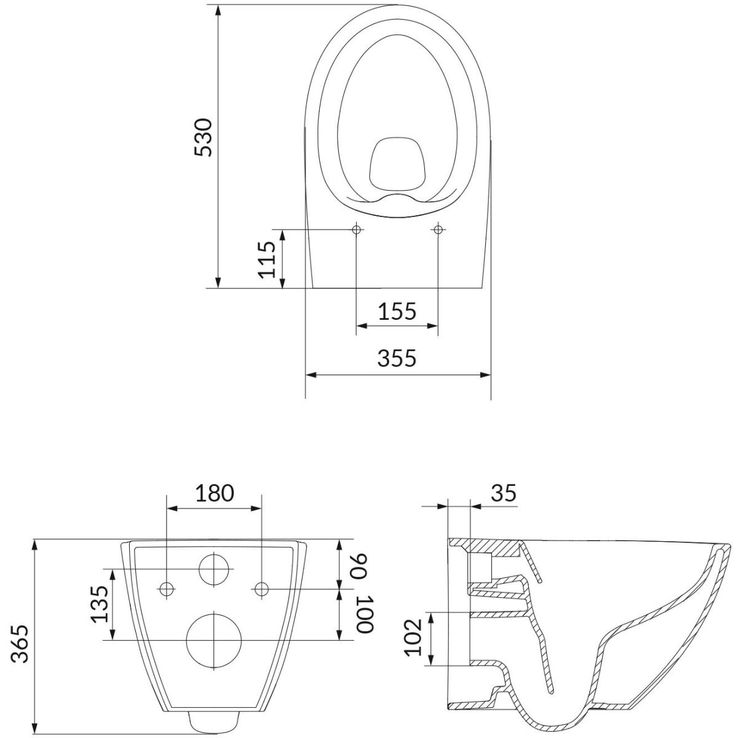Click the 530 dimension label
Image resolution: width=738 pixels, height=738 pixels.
[203, 138]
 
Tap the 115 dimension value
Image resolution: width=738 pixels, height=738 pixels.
[267, 260]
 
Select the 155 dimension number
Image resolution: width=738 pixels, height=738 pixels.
[397, 311]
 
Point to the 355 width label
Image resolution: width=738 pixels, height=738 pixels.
[397, 358]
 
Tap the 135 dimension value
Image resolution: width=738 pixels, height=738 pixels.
[99, 604]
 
